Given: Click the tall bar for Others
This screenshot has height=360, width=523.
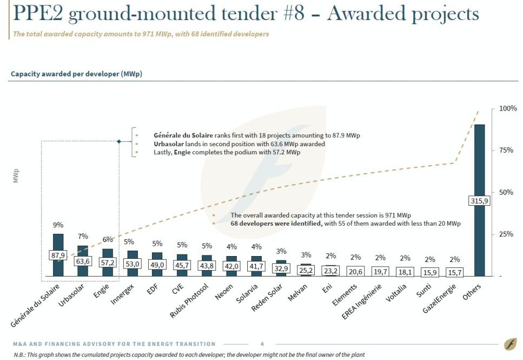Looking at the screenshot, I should pos(479,162).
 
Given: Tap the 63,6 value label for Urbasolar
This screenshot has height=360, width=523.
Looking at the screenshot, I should pos(83,261).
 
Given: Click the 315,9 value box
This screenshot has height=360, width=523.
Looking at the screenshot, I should pos(479,201).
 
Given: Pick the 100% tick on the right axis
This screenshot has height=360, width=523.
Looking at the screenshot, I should pos(508,108).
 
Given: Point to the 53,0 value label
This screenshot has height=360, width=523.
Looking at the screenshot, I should pos(133,264).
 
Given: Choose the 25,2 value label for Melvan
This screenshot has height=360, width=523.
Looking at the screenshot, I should pos(306,270).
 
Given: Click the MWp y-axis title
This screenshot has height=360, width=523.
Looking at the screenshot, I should pos(16,178).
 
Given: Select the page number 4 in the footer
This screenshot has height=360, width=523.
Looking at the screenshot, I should pos(262,344).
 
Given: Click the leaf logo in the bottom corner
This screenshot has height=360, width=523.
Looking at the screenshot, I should pos(509,344).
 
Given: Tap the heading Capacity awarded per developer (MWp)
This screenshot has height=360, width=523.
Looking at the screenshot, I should pos(76,74).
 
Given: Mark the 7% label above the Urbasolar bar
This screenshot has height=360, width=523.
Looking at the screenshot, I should pos(83,237).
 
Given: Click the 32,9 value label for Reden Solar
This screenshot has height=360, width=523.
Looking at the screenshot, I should pos(281,268).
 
